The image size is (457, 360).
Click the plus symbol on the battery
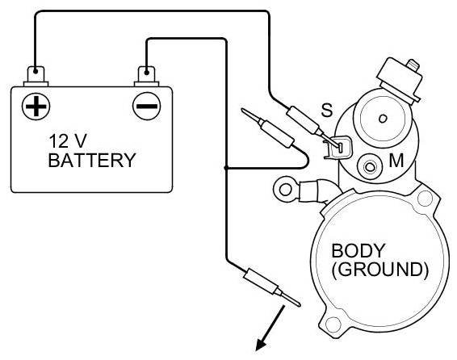[36, 106]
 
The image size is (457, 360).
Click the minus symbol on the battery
[147, 106]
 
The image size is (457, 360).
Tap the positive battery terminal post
[36, 77]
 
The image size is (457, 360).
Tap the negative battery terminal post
[147, 77]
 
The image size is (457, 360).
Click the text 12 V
[68, 141]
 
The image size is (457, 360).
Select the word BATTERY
[92, 160]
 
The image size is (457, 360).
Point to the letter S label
[326, 110]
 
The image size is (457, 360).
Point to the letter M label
[396, 160]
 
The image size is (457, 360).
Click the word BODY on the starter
[358, 250]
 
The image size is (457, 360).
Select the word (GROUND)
[380, 270]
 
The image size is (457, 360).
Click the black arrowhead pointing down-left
[262, 345]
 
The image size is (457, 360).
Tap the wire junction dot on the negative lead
[226, 168]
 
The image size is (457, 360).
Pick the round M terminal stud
[370, 167]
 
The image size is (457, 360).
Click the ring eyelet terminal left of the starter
[286, 190]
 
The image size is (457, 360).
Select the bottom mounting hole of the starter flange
[333, 324]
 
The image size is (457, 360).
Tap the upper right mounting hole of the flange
[425, 199]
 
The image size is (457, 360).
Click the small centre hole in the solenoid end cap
[383, 119]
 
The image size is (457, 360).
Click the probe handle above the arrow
[260, 281]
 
